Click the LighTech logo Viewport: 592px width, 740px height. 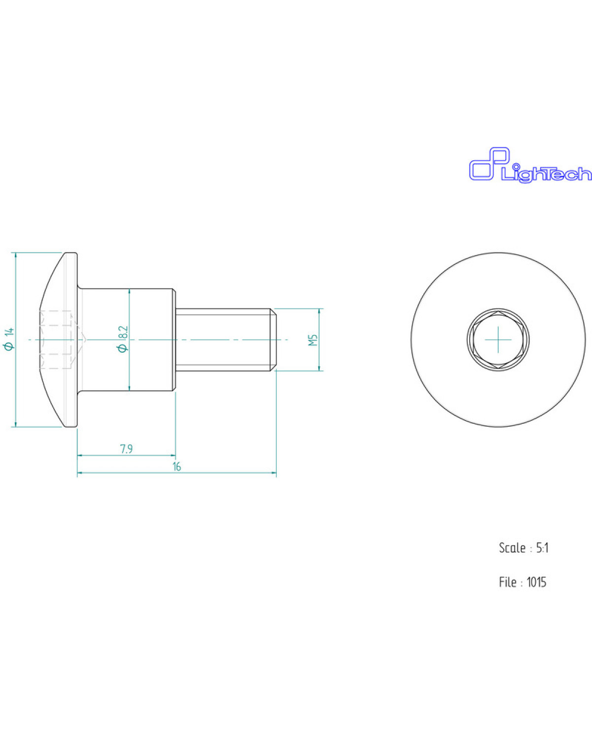530,165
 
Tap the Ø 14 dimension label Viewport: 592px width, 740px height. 10,339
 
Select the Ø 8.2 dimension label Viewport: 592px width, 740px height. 123,339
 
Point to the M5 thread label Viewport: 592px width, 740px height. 313,340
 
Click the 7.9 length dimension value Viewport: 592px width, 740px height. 126,449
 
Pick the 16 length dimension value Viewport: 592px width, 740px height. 177,467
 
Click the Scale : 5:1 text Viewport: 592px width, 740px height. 523,548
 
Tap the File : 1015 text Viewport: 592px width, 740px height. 522,582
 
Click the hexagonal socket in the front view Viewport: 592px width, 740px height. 498,340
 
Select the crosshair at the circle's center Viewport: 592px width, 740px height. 498,340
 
